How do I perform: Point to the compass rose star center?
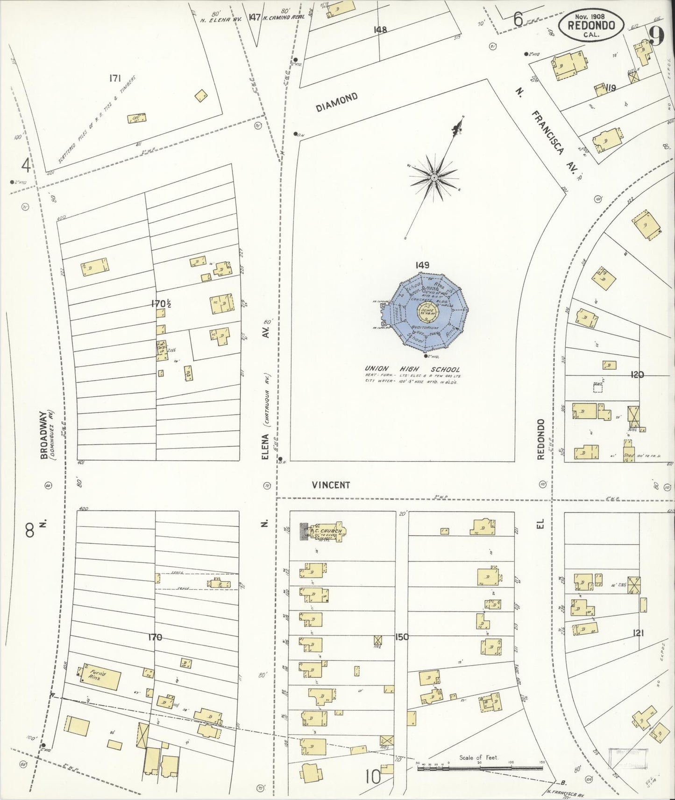[434, 178]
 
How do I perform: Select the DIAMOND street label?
[337, 102]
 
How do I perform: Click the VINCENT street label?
[331, 485]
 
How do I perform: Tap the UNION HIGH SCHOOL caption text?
[412, 369]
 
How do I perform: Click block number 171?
[115, 79]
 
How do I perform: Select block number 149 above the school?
[422, 265]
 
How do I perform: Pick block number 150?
[402, 637]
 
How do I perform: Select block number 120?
[637, 374]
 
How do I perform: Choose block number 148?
[380, 29]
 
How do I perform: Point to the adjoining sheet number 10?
[373, 777]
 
